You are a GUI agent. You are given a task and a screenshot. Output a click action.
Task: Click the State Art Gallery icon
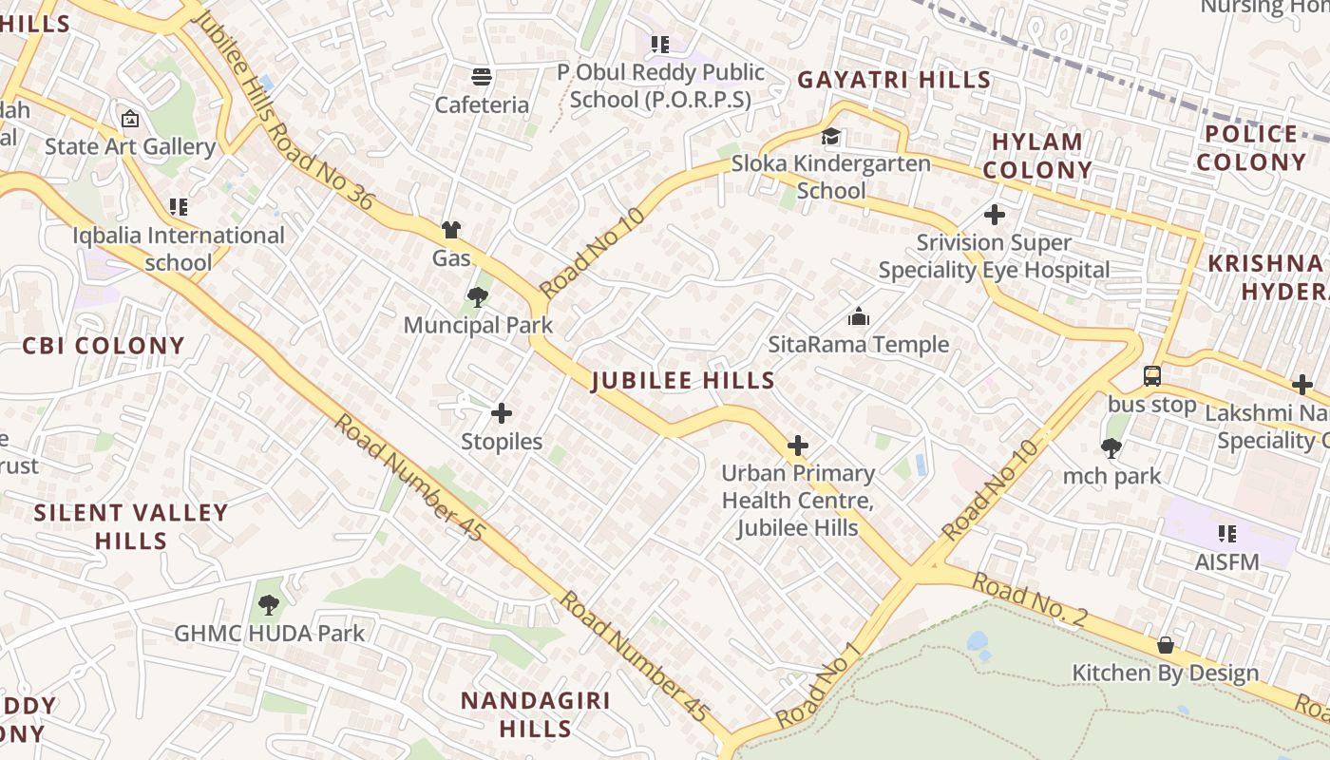[x=130, y=120]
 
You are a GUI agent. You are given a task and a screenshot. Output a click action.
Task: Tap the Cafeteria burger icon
[x=482, y=76]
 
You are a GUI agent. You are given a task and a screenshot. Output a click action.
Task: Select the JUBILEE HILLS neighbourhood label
[x=683, y=381]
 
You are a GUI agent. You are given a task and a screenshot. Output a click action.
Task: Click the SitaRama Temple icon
[x=858, y=316]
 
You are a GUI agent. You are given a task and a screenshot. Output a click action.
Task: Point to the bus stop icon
[x=1151, y=376]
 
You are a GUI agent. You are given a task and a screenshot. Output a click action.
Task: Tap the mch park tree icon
[x=1111, y=447]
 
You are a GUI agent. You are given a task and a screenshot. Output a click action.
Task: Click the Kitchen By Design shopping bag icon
[x=1165, y=646]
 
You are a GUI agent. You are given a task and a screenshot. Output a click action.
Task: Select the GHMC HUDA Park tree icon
[x=269, y=604]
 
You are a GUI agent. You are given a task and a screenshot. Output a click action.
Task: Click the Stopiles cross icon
[x=501, y=413]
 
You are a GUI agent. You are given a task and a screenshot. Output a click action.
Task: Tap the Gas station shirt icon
[x=450, y=230]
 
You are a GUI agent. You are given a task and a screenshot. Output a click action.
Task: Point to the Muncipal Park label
[x=478, y=325]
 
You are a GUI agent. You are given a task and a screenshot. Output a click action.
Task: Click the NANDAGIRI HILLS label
[x=536, y=714]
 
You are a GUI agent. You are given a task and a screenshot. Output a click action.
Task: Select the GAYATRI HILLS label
[x=894, y=80]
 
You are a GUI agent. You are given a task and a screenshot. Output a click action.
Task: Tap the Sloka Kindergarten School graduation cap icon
[x=831, y=137]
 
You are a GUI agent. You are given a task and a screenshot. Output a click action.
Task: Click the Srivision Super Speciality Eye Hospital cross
[x=994, y=215]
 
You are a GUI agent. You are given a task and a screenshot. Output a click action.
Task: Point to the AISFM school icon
[x=1226, y=534]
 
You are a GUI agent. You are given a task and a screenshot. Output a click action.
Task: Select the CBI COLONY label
[x=104, y=346]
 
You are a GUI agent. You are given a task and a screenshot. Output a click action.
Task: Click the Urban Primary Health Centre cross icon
[x=798, y=446]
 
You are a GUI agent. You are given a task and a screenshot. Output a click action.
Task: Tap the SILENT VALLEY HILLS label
[x=131, y=526]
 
